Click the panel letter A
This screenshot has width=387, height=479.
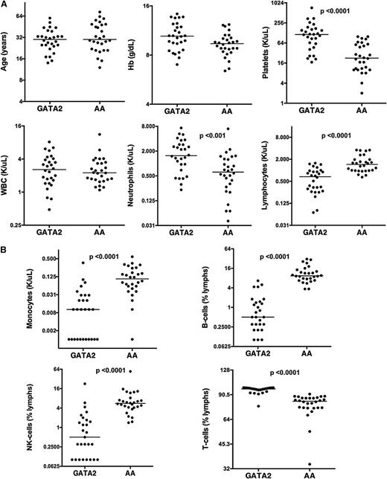[x=5, y=5]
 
